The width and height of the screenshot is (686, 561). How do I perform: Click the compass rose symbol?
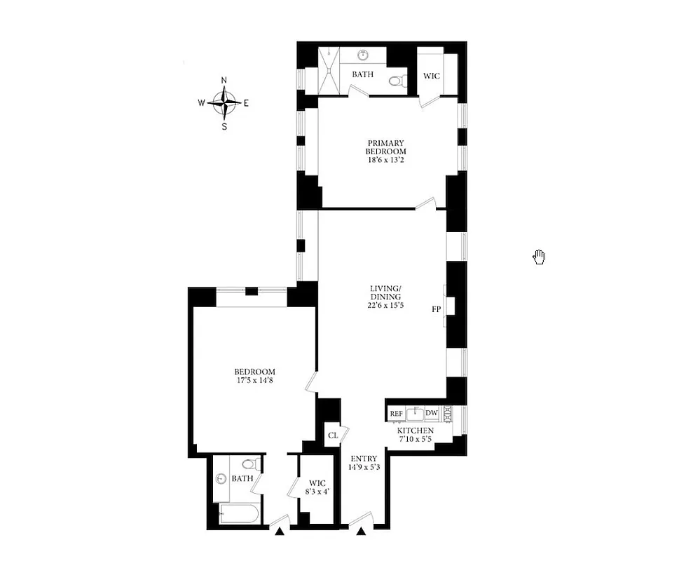(224, 103)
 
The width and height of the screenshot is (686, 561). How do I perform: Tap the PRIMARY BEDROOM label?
(385, 147)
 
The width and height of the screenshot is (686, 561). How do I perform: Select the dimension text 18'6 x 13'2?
(385, 161)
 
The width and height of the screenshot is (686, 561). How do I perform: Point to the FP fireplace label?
(436, 308)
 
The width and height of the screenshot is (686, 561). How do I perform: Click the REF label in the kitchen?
(396, 414)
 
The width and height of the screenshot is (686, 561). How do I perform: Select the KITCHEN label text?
(416, 431)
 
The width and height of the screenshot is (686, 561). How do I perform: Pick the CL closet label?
(333, 435)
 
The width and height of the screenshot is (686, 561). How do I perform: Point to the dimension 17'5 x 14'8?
(254, 381)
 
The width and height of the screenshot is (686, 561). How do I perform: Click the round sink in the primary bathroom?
(364, 55)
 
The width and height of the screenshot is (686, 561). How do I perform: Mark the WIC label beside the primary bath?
(432, 76)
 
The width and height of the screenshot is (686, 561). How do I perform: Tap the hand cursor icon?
(539, 257)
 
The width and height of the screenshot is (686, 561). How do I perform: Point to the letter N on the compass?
(224, 80)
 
